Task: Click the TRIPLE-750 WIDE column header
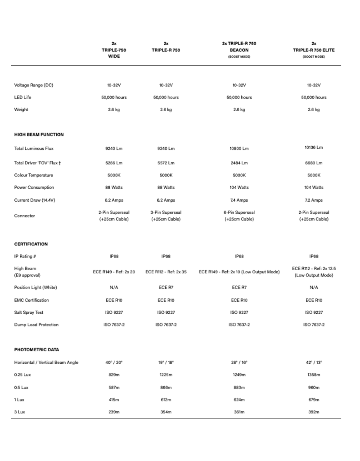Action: coord(114,50)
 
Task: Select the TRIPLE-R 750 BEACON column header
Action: coord(239,46)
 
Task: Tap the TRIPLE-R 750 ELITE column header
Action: coord(313,50)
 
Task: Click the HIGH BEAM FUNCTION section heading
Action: coord(39,135)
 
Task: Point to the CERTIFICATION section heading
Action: coord(31,244)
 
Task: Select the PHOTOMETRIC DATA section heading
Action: coord(36,349)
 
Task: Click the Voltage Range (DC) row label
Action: coord(34,85)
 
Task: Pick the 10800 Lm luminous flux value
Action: coord(239,149)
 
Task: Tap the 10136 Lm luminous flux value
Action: coord(313,147)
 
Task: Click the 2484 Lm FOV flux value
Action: coord(239,163)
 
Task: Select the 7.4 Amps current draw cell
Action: coord(239,200)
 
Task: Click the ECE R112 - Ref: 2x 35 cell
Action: coord(166,271)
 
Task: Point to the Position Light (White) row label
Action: coord(36,288)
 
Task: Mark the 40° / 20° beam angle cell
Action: coord(114,362)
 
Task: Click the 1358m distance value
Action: coord(313,375)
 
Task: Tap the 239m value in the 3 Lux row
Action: coord(114,412)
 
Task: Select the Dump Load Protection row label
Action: coord(36,325)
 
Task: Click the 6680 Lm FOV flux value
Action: coord(313,163)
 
